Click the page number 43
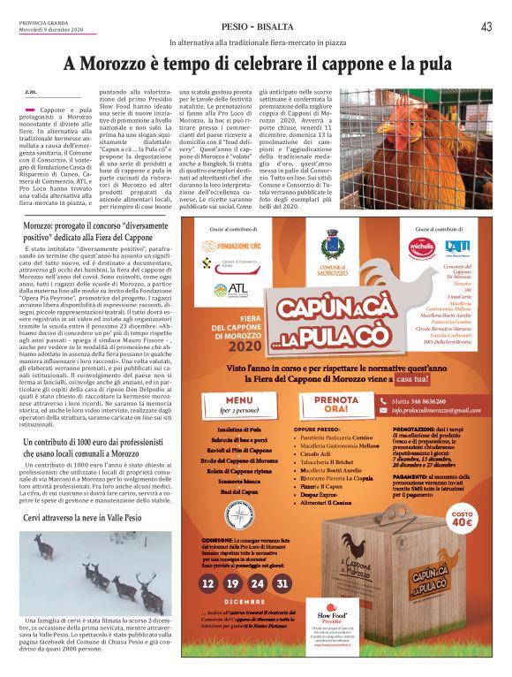486,26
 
